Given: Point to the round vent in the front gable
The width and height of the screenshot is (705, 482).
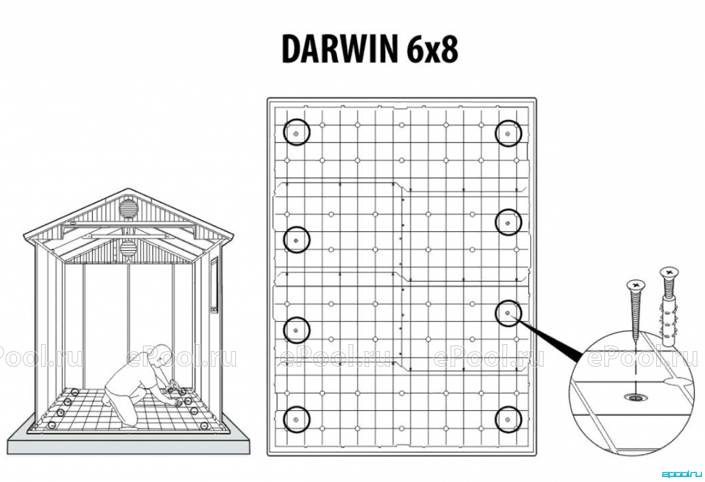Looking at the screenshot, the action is point(128,208).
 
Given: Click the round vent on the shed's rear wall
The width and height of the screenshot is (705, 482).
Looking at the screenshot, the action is point(128,248).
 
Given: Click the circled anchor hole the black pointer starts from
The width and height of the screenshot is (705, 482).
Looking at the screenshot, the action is point(508,313).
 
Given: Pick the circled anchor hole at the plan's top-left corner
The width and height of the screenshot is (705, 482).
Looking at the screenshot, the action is point(297,133).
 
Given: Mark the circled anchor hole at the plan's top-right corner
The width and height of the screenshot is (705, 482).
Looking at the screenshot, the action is point(508,133).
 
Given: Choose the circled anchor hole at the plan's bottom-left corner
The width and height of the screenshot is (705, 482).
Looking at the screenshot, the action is point(297,419).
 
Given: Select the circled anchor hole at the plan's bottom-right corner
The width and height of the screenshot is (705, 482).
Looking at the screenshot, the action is point(508,419).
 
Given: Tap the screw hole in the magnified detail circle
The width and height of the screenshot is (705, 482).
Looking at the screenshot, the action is point(635,397).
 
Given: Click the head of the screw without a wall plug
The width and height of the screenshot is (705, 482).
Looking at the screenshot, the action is point(636,285).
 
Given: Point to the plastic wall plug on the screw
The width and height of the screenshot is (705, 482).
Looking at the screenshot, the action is point(669,322).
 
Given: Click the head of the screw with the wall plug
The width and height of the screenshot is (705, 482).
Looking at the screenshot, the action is point(669,272).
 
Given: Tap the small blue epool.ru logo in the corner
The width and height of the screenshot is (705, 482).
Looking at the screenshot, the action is point(682,474).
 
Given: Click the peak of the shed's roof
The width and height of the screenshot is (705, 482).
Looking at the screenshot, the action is point(129,190).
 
